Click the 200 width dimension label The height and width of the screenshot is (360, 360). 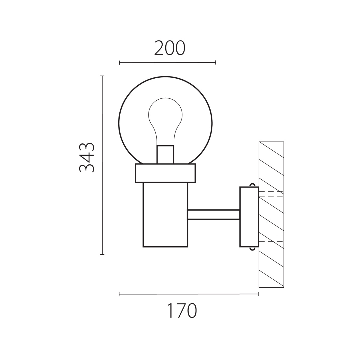pos(170,48)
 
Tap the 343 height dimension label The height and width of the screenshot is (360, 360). pos(87,157)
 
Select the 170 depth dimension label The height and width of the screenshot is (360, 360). pos(182,311)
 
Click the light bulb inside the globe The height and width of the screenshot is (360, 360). pos(165,121)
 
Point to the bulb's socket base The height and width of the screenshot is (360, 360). pos(165,154)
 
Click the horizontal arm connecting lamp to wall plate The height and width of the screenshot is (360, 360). pos(214,214)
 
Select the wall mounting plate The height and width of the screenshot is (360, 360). pos(249,217)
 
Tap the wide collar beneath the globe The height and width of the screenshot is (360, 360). pos(165,173)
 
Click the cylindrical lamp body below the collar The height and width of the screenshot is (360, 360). pos(165,215)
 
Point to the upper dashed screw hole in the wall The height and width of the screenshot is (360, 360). pos(271,194)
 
